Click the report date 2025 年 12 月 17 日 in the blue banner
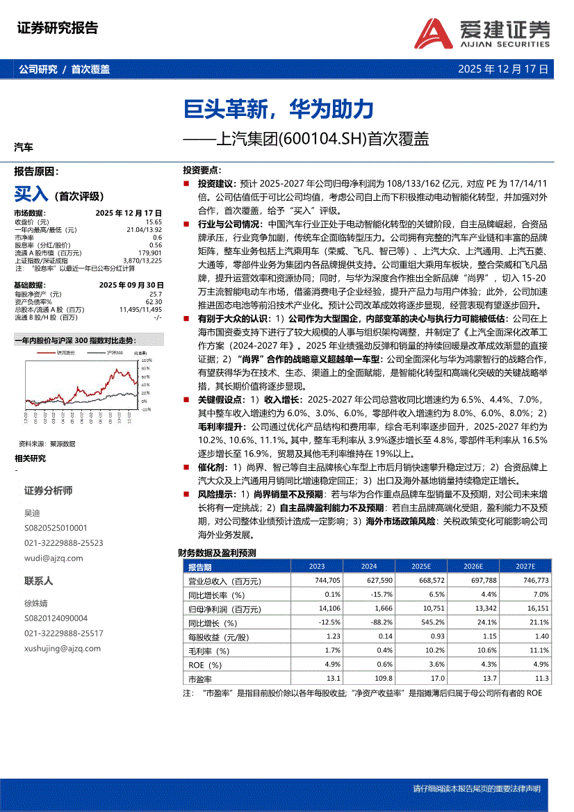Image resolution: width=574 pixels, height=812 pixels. point(503,69)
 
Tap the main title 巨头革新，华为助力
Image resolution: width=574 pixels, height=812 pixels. point(278,109)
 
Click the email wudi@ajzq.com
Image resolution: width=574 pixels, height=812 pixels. point(54,558)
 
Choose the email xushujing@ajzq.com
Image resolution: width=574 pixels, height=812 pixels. point(63,649)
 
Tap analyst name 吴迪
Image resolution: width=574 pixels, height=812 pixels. point(32,513)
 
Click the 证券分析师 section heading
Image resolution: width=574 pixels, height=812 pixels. point(48,490)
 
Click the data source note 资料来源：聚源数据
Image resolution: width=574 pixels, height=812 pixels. point(47,443)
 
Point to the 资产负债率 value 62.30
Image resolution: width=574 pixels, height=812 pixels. point(154,302)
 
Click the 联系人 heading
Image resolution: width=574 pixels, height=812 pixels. point(39,581)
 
